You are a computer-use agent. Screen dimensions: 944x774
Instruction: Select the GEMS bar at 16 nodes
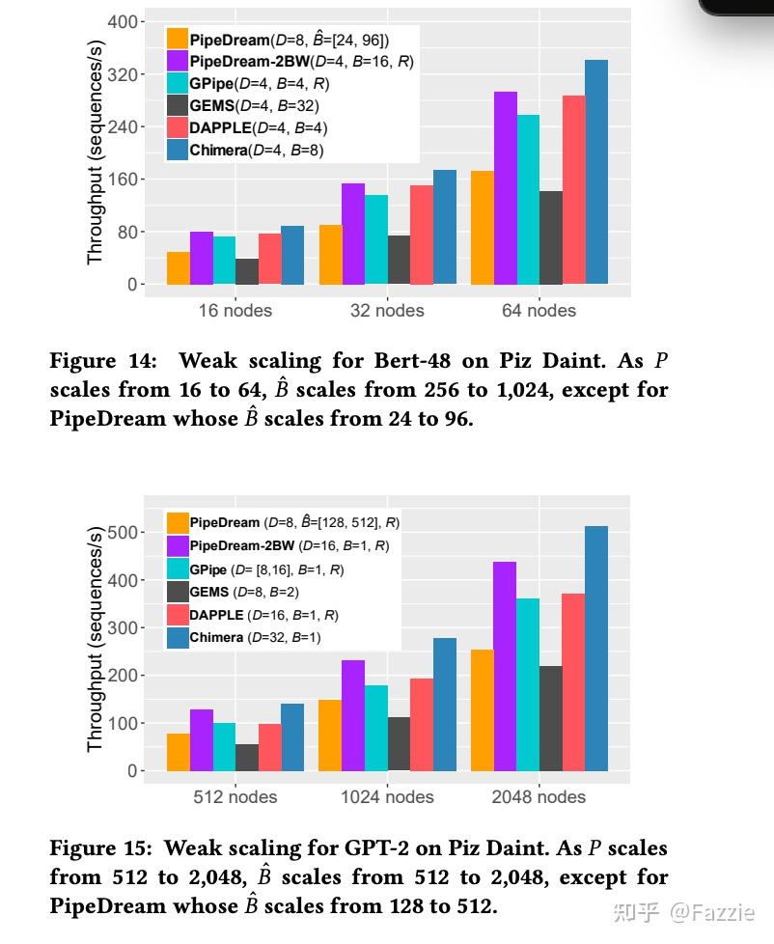coord(247,271)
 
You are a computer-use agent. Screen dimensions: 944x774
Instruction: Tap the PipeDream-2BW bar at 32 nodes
coord(353,234)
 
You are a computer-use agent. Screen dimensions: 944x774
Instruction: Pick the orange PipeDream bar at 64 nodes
coord(483,228)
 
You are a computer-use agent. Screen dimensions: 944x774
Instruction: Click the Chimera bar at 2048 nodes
coord(596,648)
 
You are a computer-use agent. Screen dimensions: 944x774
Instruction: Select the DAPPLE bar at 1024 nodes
coord(422,724)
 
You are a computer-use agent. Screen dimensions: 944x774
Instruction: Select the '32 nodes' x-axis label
coord(386,311)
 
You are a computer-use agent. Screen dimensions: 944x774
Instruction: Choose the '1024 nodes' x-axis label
coord(387,797)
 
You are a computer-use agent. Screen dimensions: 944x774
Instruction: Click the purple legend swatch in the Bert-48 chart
coord(177,61)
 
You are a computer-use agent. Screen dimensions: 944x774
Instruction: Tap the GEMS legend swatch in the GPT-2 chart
coord(178,592)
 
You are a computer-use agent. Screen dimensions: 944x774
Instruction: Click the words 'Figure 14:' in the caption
coord(102,362)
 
